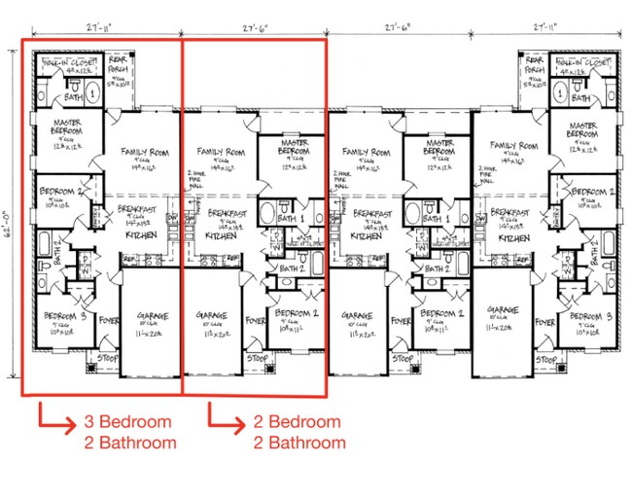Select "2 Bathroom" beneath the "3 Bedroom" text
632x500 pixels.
[130, 443]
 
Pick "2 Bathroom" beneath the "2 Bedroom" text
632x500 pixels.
[299, 443]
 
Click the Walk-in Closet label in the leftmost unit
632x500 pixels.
[69, 62]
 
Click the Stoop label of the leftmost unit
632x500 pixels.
[101, 358]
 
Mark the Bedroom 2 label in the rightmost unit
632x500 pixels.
[596, 192]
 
